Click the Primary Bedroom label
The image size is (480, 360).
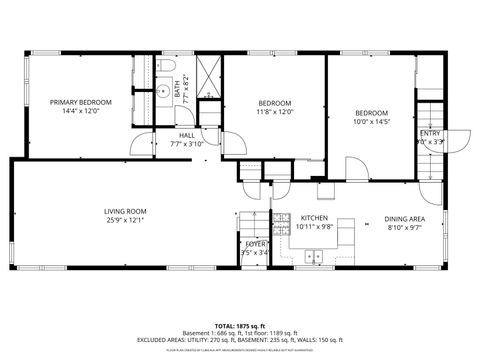81,102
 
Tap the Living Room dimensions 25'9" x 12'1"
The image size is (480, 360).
125,220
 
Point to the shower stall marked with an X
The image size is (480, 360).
207,76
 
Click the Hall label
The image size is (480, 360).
187,135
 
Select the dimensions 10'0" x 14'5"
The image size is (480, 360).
371,122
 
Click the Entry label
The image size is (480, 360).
430,133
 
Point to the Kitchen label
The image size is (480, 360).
315,217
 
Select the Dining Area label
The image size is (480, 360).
405,218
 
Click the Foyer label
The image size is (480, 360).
257,243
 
